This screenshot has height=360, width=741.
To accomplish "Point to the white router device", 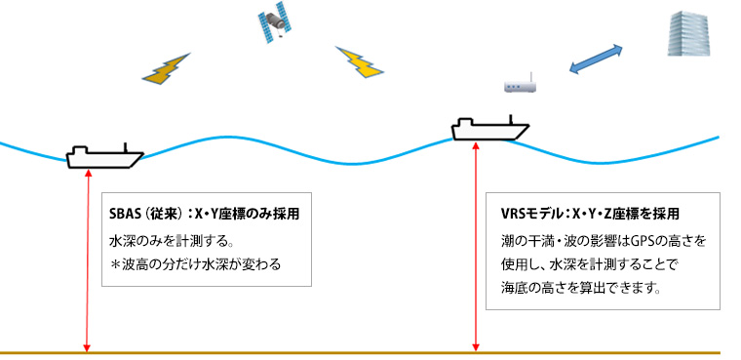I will point(522,87).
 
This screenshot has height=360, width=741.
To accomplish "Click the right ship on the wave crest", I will point(489,128).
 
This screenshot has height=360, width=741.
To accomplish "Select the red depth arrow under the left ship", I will point(89,259).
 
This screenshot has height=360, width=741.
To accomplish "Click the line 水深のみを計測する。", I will point(161,240).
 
